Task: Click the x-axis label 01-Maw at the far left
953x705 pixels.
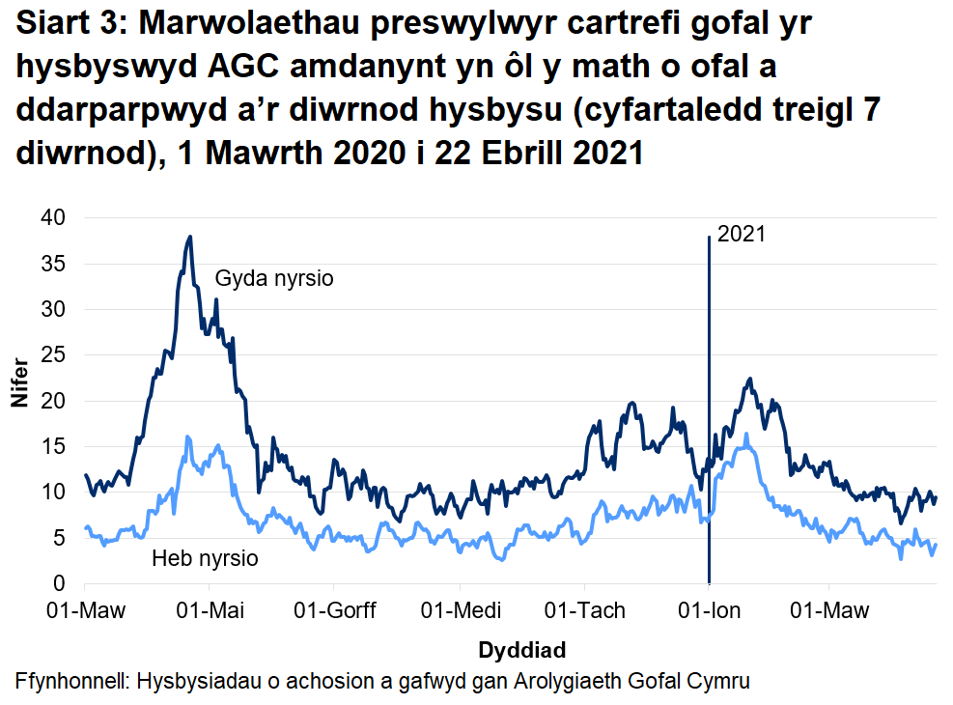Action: click(x=85, y=611)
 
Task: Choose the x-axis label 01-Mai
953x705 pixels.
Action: click(x=210, y=611)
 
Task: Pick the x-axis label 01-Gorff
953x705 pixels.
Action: click(x=334, y=611)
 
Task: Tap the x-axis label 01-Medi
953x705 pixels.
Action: click(x=461, y=611)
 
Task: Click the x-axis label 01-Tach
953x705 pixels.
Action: click(x=585, y=611)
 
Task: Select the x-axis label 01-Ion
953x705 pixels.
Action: click(x=709, y=611)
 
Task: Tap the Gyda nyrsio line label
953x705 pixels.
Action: click(x=273, y=280)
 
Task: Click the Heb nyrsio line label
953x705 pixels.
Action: click(x=205, y=559)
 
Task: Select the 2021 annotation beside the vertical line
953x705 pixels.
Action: click(x=742, y=235)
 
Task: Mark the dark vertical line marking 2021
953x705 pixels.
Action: click(x=709, y=406)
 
